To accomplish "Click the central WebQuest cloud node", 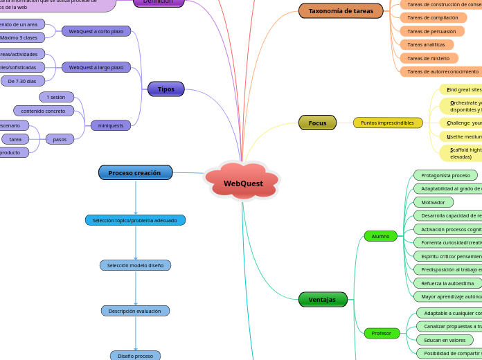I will [243, 183].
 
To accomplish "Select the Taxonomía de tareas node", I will [341, 11].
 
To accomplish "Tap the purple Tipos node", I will [166, 89].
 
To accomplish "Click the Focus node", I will [317, 123].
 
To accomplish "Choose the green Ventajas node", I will [322, 299].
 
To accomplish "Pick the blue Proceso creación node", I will [135, 172].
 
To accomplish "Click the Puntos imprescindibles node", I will [387, 123].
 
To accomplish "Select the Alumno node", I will [380, 236].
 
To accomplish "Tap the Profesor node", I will [381, 333].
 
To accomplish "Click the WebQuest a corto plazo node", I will [96, 31].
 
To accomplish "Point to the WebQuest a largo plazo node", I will [96, 67].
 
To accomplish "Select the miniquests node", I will [111, 125].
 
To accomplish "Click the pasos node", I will [60, 139].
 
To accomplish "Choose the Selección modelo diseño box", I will [135, 265].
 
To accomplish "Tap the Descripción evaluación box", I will [135, 311].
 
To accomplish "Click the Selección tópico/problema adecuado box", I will [135, 220].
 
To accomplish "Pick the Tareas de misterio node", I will [428, 58].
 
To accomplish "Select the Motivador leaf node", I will [433, 202].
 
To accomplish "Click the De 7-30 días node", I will [23, 81].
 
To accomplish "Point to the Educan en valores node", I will [445, 340].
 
